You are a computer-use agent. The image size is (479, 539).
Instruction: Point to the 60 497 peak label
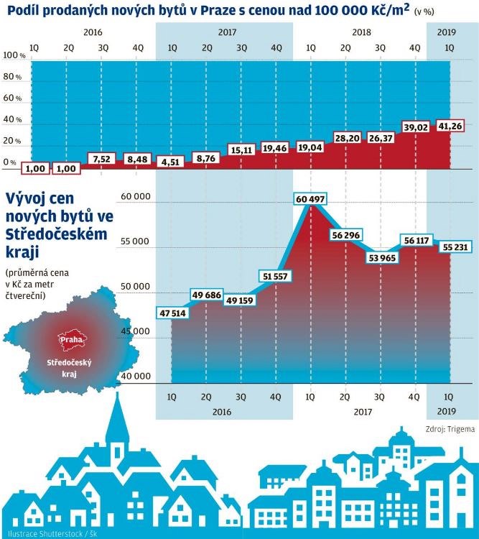pos(311,198)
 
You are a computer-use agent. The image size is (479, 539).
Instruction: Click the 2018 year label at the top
pos(362,32)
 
